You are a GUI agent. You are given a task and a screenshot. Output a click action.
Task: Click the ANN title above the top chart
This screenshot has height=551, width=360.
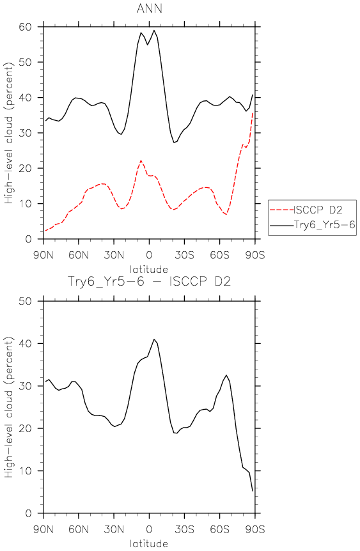click(150, 8)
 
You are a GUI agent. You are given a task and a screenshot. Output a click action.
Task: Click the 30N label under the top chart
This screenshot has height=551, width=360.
click(114, 255)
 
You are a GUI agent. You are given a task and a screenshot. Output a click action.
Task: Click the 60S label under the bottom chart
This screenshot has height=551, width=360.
click(220, 529)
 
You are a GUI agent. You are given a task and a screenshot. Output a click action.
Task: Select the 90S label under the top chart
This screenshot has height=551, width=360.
click(255, 255)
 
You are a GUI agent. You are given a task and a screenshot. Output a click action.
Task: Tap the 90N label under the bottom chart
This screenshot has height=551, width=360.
click(43, 529)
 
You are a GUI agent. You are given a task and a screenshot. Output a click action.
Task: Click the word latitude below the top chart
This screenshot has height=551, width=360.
click(149, 270)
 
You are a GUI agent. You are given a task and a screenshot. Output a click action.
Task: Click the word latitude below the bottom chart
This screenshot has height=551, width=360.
click(149, 543)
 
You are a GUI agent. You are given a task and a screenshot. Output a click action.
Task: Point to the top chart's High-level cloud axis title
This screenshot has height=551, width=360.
click(9, 133)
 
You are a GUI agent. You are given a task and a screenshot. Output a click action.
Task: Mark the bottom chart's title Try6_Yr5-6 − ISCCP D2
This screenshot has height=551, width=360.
click(149, 281)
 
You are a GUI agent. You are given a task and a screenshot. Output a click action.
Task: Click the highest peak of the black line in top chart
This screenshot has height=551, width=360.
click(154, 30)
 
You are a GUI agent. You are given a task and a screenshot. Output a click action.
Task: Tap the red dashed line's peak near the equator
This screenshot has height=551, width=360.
click(141, 160)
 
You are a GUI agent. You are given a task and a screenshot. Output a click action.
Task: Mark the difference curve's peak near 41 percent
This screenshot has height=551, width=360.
click(154, 339)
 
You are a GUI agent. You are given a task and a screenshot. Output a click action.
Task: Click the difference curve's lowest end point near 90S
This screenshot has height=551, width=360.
click(253, 491)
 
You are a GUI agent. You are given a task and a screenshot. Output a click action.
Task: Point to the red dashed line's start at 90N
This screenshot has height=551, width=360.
click(45, 231)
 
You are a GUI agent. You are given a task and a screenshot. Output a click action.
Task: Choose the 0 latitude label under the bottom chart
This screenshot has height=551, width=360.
click(149, 529)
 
